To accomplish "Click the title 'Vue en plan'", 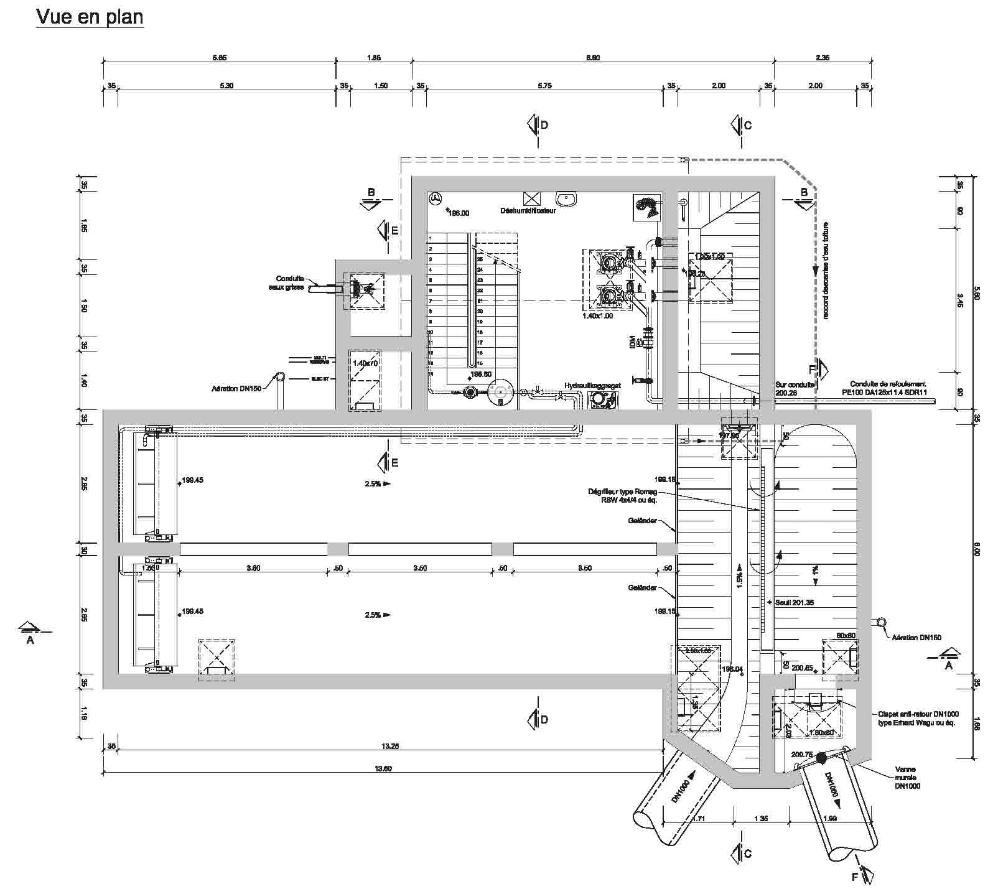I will pos(90,17).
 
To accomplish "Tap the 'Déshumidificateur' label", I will pos(528,211).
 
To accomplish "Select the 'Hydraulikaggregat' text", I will pos(592,386).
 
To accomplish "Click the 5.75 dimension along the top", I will pos(544,86).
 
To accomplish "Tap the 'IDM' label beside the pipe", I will pos(632,342).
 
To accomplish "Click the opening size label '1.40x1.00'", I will pos(597,316).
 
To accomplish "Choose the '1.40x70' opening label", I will pos(365,363).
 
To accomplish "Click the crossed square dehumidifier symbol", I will pos(532,198).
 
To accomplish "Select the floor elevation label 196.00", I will pos(459,213).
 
